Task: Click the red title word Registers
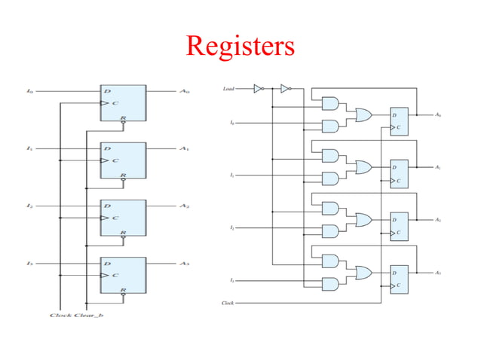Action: pos(240,46)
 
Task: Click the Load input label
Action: pos(228,89)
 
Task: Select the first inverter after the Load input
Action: pos(258,89)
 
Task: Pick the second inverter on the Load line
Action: pos(285,89)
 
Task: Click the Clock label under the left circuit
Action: pos(60,314)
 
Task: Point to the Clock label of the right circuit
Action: pos(228,303)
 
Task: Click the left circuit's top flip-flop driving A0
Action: pos(123,102)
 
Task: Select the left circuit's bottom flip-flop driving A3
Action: pos(123,275)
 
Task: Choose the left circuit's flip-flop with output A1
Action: pos(123,160)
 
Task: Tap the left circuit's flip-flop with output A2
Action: pos(123,218)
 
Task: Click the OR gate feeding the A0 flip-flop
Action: pos(363,114)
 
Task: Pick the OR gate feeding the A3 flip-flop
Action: pos(363,272)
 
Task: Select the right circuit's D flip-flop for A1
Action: pos(398,174)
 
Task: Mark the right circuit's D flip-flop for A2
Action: pos(398,226)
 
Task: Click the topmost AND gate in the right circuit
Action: pos(330,103)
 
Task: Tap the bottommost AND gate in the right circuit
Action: pos(330,283)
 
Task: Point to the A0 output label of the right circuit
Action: pos(438,114)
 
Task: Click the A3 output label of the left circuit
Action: pos(184,264)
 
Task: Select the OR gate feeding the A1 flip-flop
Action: pos(363,167)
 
